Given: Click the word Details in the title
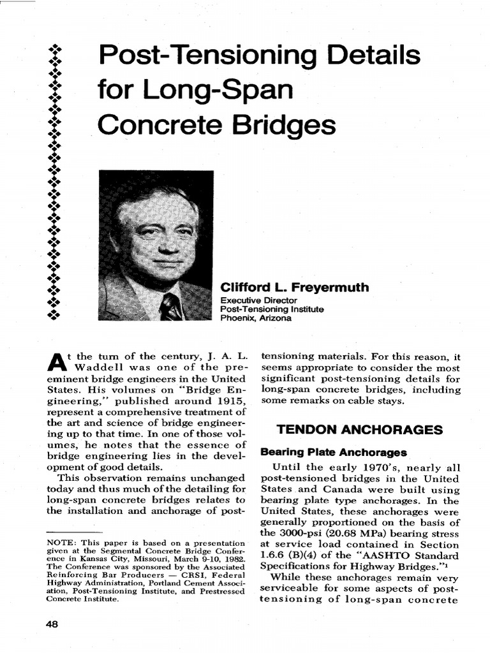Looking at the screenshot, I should [x=364, y=56].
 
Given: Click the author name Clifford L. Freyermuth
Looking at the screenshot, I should [x=294, y=288].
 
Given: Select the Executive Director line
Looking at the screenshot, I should [x=258, y=300].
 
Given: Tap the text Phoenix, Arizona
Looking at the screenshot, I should [x=256, y=318].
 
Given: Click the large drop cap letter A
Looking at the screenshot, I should [x=56, y=362].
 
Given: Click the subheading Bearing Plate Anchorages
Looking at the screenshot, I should [x=334, y=453].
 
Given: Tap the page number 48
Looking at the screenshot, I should [x=52, y=624].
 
